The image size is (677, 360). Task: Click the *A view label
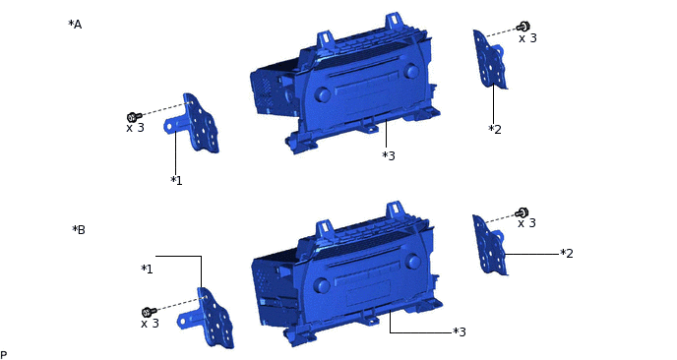(75, 25)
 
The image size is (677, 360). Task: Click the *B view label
(79, 229)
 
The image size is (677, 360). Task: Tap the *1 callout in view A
(176, 180)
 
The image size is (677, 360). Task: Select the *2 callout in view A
(495, 129)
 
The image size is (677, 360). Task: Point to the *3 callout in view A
(389, 155)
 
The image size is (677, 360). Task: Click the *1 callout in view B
(147, 270)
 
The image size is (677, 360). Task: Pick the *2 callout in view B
(567, 254)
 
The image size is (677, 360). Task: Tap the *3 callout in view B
(460, 331)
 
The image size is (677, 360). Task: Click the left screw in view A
(134, 116)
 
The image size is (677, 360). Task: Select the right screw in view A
(523, 28)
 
